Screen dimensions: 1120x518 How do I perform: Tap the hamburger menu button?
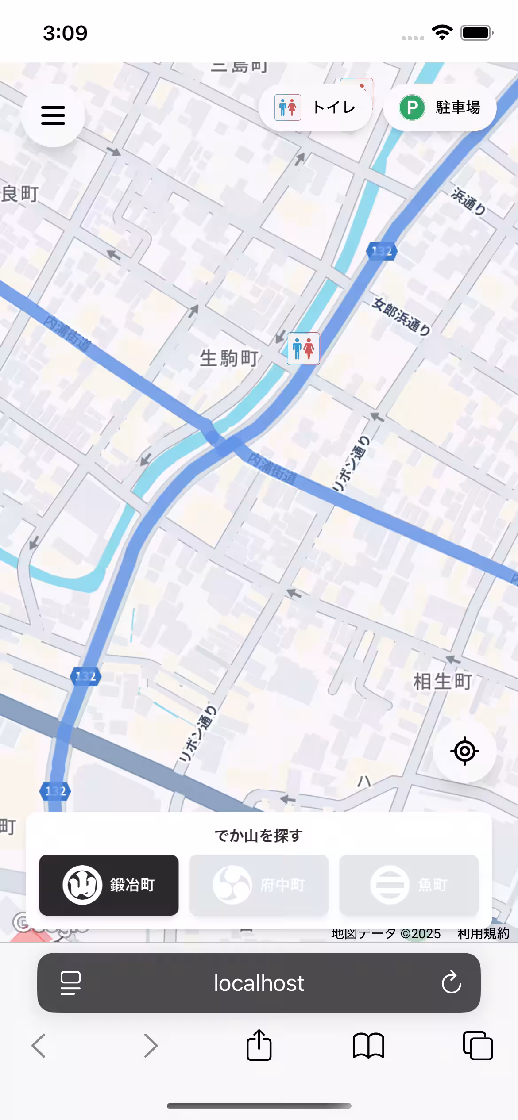pyautogui.click(x=53, y=115)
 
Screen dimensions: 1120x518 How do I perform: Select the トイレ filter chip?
pyautogui.click(x=315, y=107)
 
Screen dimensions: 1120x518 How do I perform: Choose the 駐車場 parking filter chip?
pyautogui.click(x=440, y=107)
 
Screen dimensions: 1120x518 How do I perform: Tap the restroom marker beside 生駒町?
pyautogui.click(x=303, y=349)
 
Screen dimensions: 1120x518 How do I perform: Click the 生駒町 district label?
pyautogui.click(x=229, y=358)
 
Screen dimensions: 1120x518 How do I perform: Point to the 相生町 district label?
pyautogui.click(x=442, y=682)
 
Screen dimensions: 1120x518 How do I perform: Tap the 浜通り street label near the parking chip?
pyautogui.click(x=468, y=201)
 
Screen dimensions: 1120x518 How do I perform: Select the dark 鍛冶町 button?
pyautogui.click(x=109, y=885)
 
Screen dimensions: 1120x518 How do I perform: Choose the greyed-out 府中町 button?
pyautogui.click(x=259, y=885)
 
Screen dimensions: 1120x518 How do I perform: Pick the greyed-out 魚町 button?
pyautogui.click(x=409, y=885)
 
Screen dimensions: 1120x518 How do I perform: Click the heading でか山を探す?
pyautogui.click(x=259, y=836)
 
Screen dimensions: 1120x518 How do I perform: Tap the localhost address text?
pyautogui.click(x=259, y=983)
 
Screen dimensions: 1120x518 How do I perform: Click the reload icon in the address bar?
pyautogui.click(x=451, y=982)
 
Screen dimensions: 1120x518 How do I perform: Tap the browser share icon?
pyautogui.click(x=259, y=1045)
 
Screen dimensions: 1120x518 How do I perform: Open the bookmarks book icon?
pyautogui.click(x=368, y=1046)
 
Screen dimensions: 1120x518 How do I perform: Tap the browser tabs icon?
pyautogui.click(x=478, y=1046)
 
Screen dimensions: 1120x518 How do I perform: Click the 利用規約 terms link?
pyautogui.click(x=483, y=933)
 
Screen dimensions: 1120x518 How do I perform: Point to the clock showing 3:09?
pyautogui.click(x=66, y=33)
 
